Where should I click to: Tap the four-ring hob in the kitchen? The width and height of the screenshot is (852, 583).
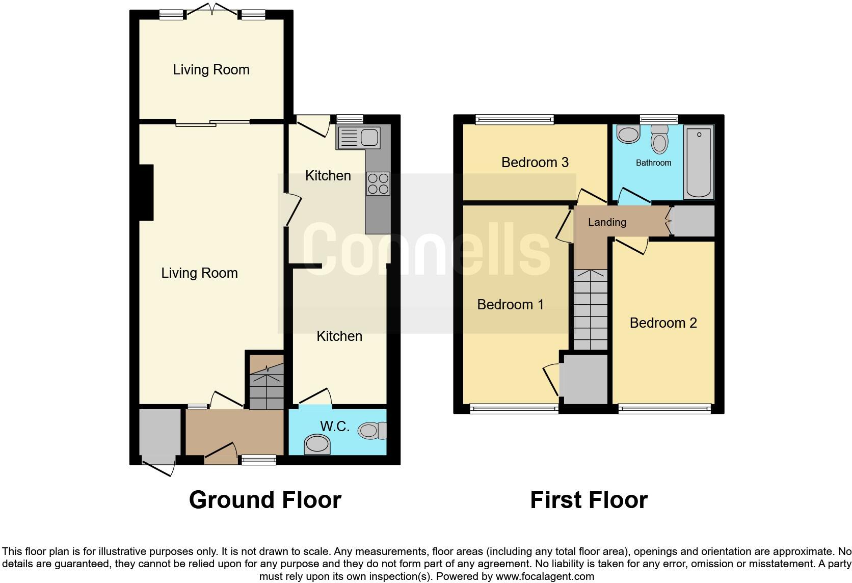click(x=378, y=184)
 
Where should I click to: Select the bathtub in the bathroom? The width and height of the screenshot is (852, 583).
click(x=699, y=162)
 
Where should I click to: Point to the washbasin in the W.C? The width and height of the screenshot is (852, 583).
click(x=317, y=444)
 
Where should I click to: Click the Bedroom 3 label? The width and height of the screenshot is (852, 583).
click(x=535, y=162)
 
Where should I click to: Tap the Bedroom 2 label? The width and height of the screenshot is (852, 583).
click(x=663, y=323)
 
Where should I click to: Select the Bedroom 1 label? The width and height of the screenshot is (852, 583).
click(x=510, y=304)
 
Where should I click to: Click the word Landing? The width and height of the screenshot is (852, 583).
click(x=607, y=222)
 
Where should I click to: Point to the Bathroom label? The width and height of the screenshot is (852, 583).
click(x=653, y=163)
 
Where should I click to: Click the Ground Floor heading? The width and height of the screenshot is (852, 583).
click(x=265, y=500)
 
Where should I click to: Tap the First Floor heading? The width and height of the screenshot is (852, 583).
click(x=589, y=500)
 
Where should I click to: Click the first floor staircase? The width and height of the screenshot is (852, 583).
click(x=591, y=309)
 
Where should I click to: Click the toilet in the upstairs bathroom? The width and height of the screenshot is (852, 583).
click(x=659, y=139)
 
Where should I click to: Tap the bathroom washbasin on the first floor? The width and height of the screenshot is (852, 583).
click(x=628, y=135)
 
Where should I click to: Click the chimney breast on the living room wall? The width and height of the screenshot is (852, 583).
click(x=146, y=193)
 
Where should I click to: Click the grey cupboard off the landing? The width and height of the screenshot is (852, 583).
click(x=694, y=221)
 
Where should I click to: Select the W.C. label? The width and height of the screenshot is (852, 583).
click(x=334, y=427)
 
